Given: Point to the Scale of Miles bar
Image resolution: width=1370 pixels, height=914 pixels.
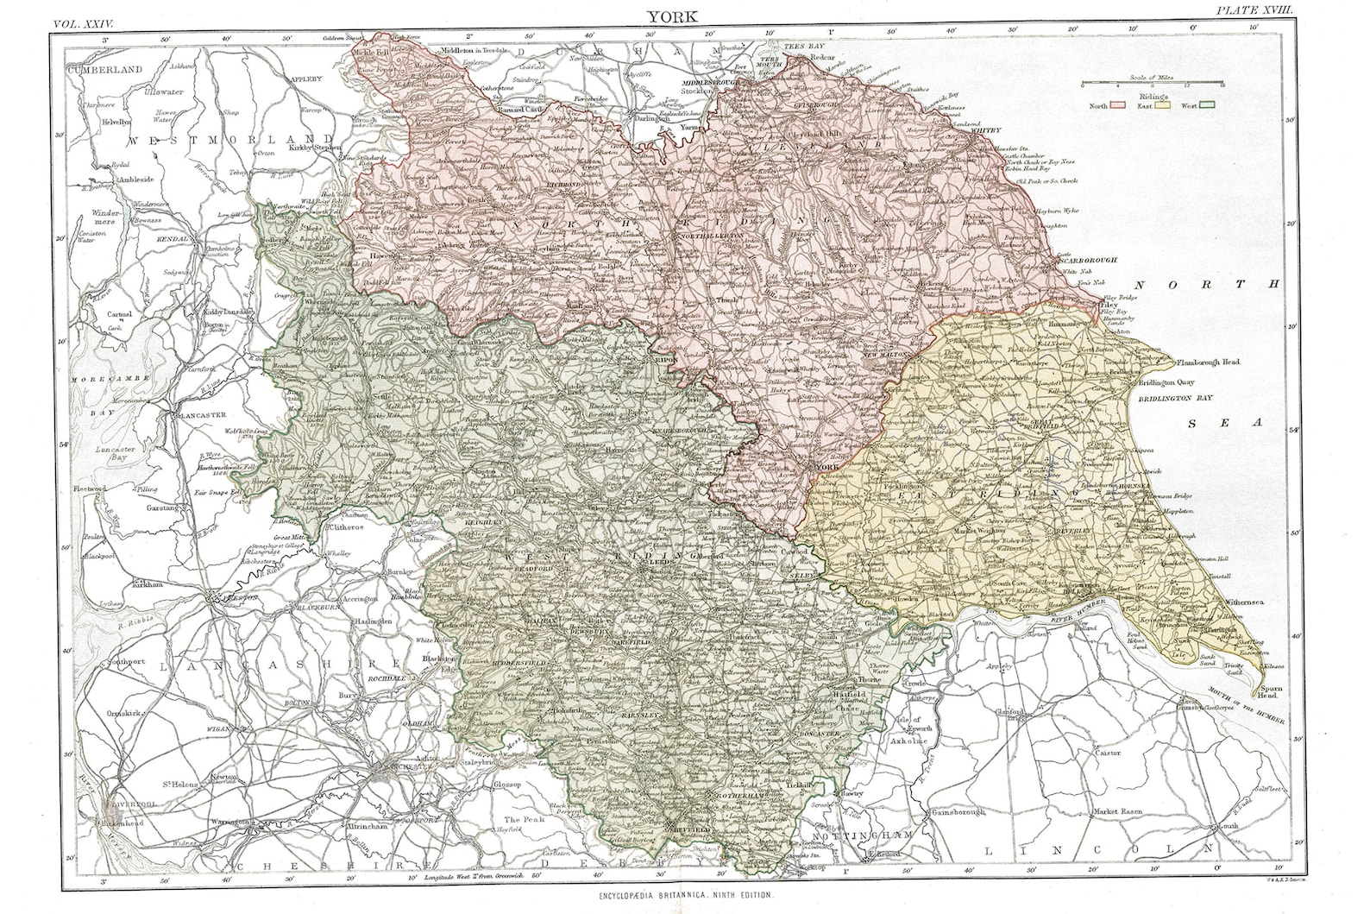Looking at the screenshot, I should pyautogui.click(x=1152, y=82).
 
